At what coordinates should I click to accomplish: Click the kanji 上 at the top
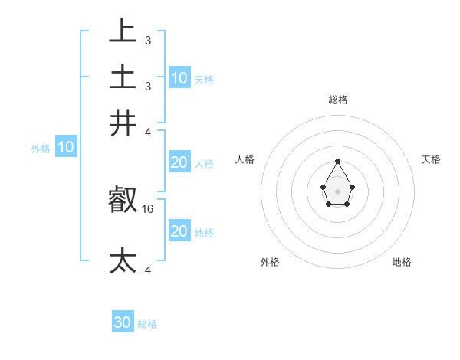point(123,32)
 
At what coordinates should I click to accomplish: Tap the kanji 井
point(123,123)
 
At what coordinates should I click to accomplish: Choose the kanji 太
point(123,261)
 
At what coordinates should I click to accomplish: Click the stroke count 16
point(148,208)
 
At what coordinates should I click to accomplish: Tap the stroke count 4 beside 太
point(147,270)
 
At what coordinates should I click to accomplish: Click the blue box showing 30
point(123,322)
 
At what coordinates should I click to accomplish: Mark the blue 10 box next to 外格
point(66,146)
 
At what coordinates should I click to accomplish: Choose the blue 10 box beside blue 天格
point(179,77)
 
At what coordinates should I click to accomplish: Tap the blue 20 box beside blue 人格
point(179,162)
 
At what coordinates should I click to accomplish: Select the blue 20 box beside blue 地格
point(179,231)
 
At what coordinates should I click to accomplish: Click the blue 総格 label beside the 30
point(147,324)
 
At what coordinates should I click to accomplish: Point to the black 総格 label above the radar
point(337,100)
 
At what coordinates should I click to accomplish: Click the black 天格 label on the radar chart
point(431,159)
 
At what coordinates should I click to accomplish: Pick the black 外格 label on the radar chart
point(270,262)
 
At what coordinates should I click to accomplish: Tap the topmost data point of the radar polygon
point(337,161)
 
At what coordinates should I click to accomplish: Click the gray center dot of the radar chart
point(337,191)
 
